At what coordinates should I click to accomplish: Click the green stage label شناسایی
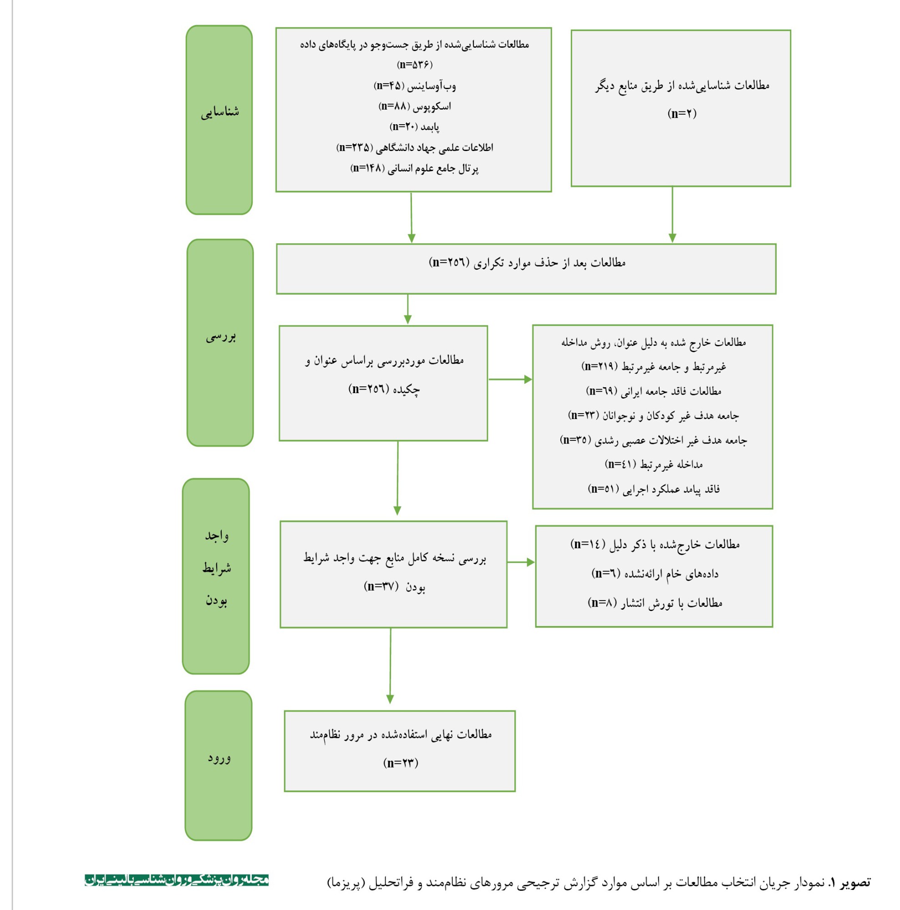click(219, 112)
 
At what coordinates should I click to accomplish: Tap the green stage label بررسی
click(220, 337)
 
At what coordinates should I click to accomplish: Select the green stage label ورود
click(219, 758)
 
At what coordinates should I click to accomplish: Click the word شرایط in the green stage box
click(217, 568)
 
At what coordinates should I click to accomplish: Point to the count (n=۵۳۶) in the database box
click(414, 65)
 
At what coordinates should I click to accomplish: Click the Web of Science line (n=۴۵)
click(415, 86)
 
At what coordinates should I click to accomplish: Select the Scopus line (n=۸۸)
click(415, 106)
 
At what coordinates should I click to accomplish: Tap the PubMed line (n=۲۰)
click(414, 126)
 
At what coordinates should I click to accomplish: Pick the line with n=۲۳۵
click(415, 147)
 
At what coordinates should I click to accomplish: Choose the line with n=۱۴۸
click(414, 168)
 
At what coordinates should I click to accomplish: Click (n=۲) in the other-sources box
click(681, 113)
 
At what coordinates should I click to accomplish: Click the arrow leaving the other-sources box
click(672, 215)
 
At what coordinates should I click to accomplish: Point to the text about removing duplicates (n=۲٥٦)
click(527, 263)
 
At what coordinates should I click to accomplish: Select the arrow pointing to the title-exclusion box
click(510, 379)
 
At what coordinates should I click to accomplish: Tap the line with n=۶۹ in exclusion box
click(653, 391)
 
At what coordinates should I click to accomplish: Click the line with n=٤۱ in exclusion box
click(653, 465)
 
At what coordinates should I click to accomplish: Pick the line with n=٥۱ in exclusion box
click(653, 489)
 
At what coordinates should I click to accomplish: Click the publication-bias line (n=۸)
click(655, 603)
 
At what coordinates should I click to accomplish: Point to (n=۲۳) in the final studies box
click(401, 763)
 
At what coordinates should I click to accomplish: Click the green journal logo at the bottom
click(177, 880)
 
